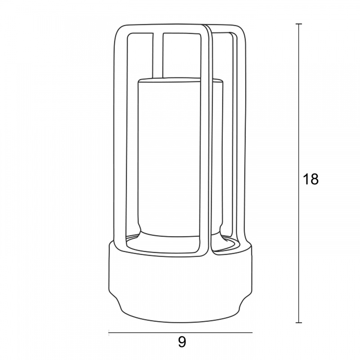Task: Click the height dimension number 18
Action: tap(310, 179)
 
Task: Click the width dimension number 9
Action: tap(182, 342)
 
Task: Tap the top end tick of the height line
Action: tap(299, 24)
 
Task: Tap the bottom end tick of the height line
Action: tap(299, 323)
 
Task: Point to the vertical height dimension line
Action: tap(299, 173)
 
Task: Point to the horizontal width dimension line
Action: tap(180, 332)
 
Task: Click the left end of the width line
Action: tap(108, 332)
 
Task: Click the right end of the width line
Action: tap(252, 332)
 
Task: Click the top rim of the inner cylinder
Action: tap(180, 80)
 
